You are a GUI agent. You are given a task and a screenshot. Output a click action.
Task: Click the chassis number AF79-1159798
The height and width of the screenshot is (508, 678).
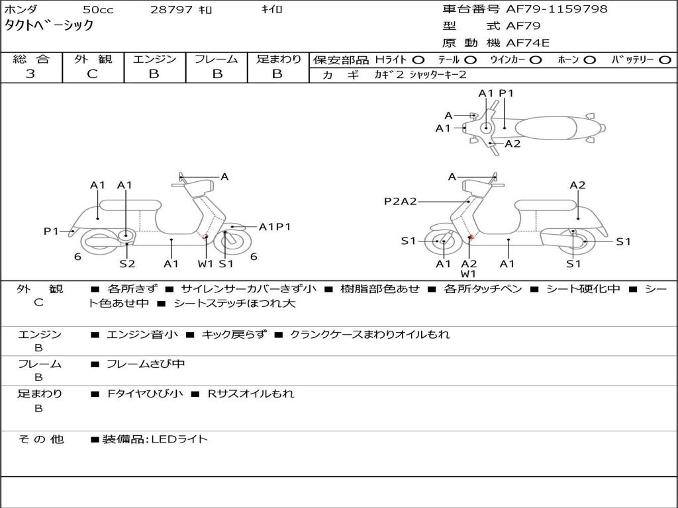point(557,9)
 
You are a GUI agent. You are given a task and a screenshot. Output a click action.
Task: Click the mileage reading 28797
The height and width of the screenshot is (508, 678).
point(171,9)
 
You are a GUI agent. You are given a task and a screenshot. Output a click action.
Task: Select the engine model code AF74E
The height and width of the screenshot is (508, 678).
point(528,43)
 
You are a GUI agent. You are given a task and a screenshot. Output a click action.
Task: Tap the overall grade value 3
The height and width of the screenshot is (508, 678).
point(30,73)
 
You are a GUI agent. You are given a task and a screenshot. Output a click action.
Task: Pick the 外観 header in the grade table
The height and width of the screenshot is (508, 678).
point(93,59)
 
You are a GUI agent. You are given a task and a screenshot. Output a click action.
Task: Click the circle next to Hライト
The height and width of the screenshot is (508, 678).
point(418,60)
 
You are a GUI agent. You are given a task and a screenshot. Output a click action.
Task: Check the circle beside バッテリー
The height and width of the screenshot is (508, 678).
point(665,60)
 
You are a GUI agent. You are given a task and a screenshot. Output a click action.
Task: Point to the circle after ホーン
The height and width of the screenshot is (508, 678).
point(589,60)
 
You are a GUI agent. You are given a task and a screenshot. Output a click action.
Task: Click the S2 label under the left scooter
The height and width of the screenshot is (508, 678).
point(127,263)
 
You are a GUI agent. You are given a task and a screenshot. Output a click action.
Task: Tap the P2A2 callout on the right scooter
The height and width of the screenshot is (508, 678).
point(401,201)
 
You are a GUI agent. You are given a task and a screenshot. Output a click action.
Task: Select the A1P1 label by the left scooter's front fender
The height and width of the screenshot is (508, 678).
point(275,227)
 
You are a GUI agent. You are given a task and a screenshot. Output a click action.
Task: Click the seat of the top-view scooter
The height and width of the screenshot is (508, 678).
point(546,128)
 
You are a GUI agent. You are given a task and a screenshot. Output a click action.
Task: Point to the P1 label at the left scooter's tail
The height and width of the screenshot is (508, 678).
point(51,232)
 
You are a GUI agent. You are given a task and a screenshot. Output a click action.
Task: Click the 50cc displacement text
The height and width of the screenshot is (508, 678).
point(98,9)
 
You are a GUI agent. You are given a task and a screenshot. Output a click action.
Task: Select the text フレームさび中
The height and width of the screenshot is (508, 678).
point(146,364)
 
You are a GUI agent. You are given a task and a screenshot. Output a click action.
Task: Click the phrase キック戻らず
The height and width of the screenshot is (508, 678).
point(234,334)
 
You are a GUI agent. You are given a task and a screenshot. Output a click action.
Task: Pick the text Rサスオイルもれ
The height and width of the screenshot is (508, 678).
point(251,394)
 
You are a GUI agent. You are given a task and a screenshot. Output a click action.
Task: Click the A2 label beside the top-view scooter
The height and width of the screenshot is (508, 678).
point(513,144)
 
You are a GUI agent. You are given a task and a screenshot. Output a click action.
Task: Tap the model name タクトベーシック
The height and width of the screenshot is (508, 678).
point(49,26)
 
